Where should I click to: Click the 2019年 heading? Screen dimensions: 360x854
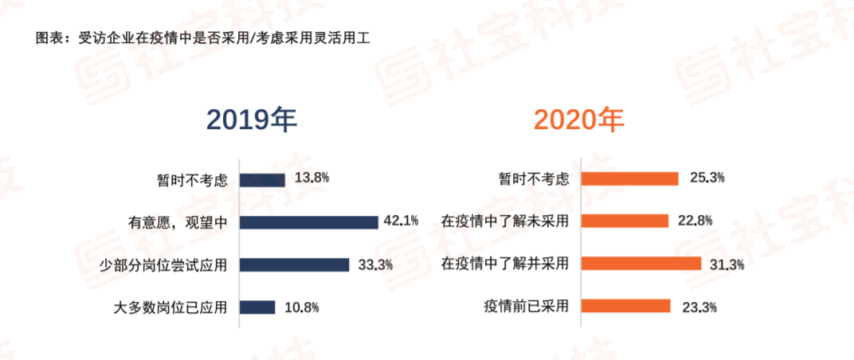coord(252,120)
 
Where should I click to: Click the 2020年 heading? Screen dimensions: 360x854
coord(579,120)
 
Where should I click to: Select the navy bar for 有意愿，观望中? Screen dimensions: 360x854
coord(308,222)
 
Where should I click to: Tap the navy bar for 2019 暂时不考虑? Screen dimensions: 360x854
coord(262,180)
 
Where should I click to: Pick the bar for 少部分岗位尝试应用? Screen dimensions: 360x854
coord(294,264)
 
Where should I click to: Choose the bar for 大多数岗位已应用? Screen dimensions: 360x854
coord(257,307)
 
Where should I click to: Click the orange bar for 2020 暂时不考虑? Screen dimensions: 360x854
coord(629,179)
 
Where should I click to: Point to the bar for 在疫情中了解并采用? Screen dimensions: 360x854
coord(640,264)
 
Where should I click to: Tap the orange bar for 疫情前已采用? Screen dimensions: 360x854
coord(625,306)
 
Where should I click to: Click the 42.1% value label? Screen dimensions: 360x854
coord(402,221)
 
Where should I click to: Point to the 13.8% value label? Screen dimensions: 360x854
coord(311,178)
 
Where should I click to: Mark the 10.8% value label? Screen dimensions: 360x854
coord(301,307)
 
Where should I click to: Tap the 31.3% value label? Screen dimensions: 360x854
coord(727,264)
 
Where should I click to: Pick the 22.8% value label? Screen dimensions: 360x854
coord(695,221)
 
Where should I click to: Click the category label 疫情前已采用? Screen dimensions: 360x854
coord(526,307)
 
